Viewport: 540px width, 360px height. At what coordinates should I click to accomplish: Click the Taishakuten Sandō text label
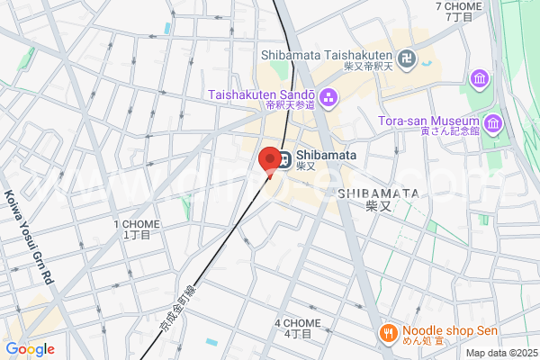(261, 94)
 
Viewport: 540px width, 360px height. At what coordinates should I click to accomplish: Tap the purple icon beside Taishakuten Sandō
(328, 95)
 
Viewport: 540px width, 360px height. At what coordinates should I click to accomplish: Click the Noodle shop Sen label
(449, 330)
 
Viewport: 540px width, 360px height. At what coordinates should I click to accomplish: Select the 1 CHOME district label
(137, 224)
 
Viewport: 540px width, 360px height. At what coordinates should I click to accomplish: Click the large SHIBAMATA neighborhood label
(379, 193)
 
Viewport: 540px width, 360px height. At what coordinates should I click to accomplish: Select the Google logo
(30, 349)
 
